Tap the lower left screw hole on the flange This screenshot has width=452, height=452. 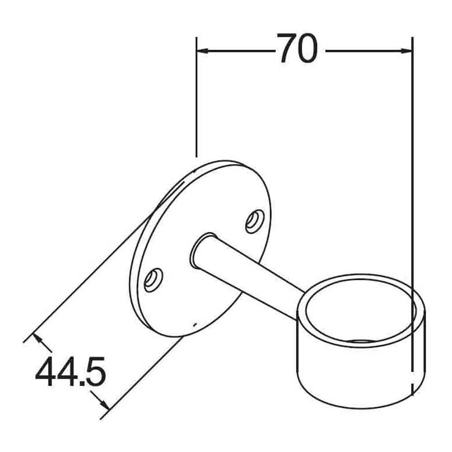click(153, 279)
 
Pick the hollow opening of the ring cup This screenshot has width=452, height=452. click(359, 312)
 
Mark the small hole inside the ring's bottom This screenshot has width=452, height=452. click(359, 342)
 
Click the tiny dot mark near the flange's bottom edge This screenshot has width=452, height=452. click(194, 324)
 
